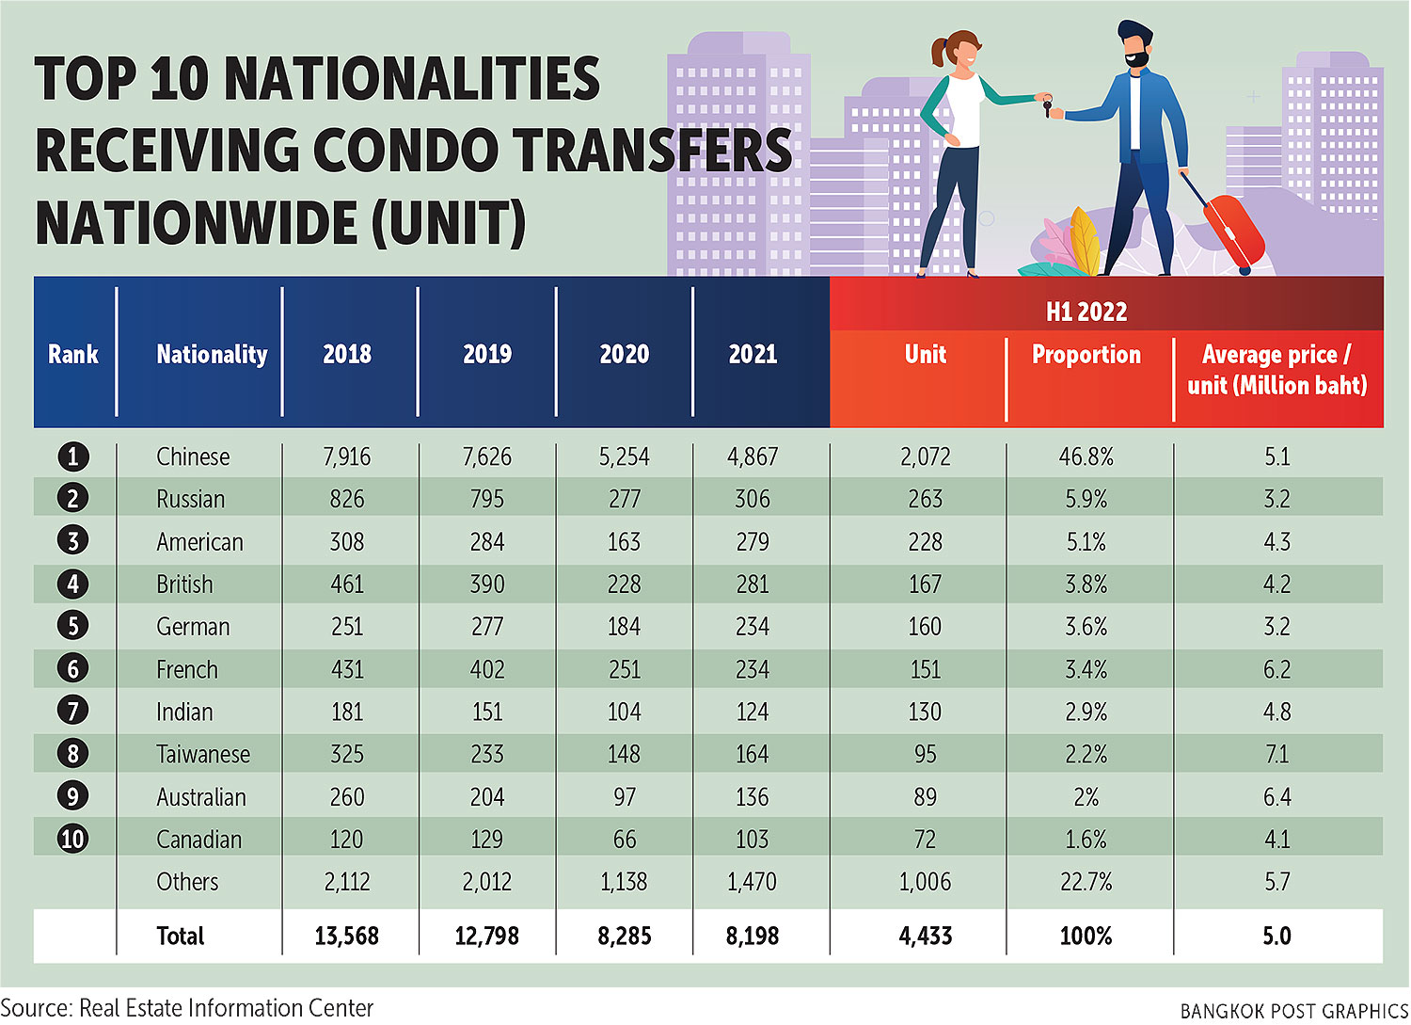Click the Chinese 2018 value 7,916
(x=346, y=457)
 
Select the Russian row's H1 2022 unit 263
(x=925, y=500)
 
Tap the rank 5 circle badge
(x=72, y=627)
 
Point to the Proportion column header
(x=1086, y=355)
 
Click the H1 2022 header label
(x=1086, y=312)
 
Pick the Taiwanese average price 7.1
(x=1276, y=755)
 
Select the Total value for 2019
(x=486, y=937)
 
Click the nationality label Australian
(x=200, y=797)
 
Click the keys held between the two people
(x=1045, y=106)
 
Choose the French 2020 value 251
(x=624, y=670)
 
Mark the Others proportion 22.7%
(x=1086, y=883)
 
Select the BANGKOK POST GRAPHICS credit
(x=1293, y=1011)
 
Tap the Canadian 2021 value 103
(x=752, y=840)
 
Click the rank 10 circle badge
(x=72, y=840)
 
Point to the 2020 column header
(x=624, y=355)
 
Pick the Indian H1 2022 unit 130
(x=925, y=713)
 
